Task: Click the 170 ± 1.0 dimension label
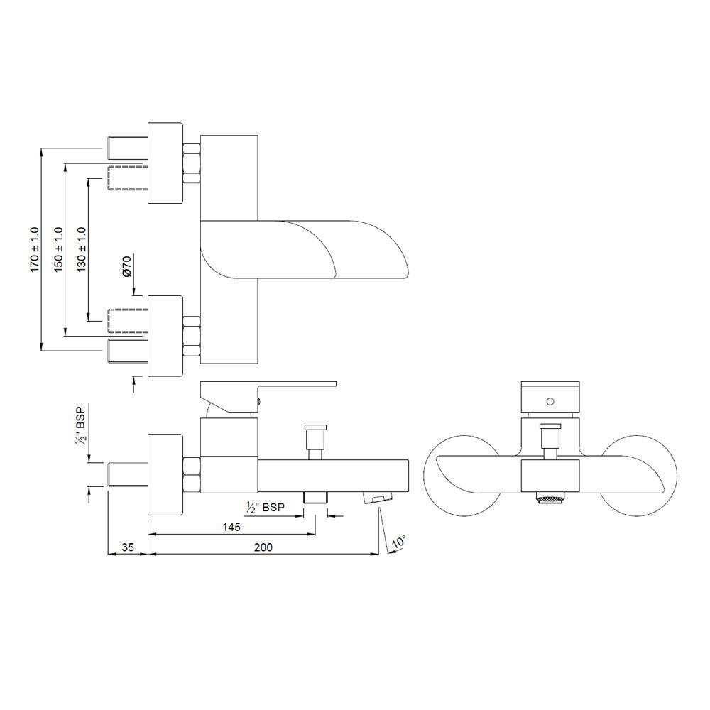pos(35,249)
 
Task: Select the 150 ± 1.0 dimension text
pos(58,249)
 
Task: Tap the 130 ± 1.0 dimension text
pos(82,249)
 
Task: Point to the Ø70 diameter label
pos(127,266)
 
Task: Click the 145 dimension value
pos(231,527)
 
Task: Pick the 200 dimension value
pos(263,547)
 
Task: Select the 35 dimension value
pos(128,547)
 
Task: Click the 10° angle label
pos(398,542)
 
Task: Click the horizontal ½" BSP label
pos(266,507)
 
